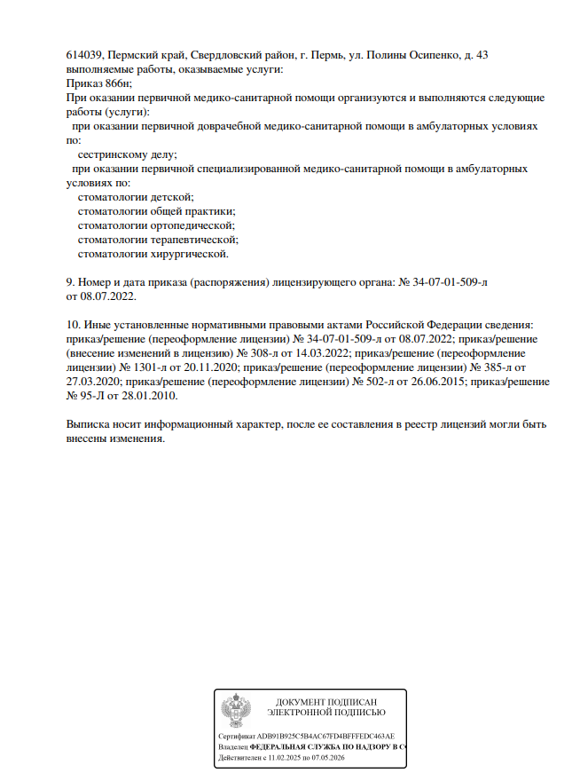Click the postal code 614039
point(85,55)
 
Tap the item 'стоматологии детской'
point(136,196)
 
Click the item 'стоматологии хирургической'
point(153,254)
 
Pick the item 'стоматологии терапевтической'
point(158,240)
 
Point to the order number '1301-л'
point(137,367)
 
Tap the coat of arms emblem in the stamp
point(235,711)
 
